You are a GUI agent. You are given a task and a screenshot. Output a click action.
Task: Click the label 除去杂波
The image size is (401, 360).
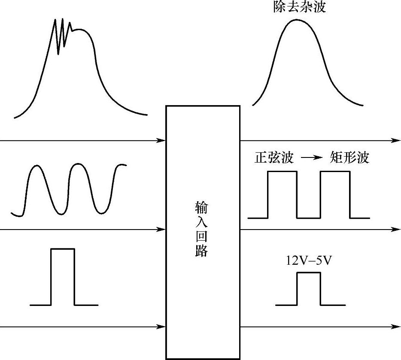[x=299, y=7]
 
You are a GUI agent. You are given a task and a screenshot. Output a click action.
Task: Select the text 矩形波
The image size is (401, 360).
[x=349, y=158]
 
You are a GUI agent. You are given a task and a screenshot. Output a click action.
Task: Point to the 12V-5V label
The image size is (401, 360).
[x=309, y=260]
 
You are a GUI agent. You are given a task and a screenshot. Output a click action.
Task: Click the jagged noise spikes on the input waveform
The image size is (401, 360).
[x=63, y=32]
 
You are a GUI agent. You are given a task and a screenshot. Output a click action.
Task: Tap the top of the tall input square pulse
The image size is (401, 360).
[x=63, y=249]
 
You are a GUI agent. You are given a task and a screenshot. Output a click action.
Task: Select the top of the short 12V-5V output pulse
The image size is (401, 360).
[x=308, y=273]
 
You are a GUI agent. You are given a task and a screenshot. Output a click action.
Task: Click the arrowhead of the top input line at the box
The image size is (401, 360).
[x=161, y=140]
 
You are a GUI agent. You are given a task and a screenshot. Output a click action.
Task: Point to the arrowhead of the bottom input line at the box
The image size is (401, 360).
[x=161, y=327]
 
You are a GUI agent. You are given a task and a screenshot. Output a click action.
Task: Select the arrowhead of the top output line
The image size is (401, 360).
[x=396, y=140]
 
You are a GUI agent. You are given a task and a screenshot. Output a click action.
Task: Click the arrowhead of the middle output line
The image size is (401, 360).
[x=396, y=230]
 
